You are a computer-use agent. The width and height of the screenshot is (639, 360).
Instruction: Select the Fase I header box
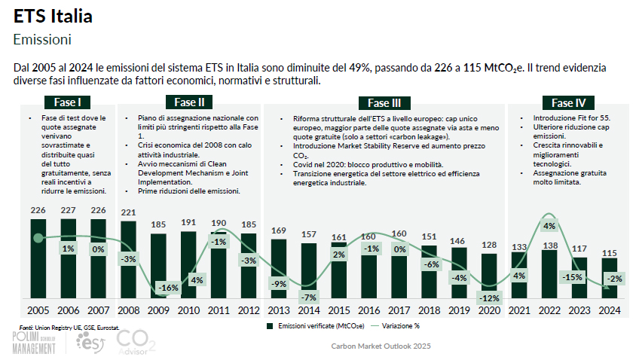[68, 102]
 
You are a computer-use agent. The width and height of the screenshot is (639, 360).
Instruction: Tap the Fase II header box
[188, 102]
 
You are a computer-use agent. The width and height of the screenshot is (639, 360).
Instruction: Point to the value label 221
[128, 212]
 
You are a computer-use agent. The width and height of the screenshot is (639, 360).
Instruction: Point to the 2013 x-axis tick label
[279, 310]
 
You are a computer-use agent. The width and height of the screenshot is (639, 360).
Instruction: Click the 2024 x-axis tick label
[610, 310]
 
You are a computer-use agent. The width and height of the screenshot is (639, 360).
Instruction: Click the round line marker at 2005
[38, 238]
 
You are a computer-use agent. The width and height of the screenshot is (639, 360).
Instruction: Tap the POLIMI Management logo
[34, 343]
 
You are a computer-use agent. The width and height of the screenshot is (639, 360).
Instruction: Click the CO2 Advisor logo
[136, 343]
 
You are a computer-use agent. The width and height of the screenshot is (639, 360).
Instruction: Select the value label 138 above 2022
[549, 246]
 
